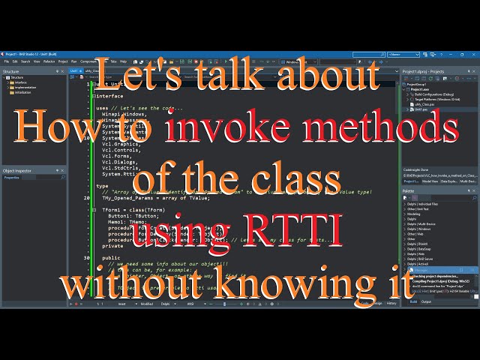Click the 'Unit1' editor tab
pyautogui.click(x=74, y=70)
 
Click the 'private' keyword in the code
pyautogui.click(x=112, y=245)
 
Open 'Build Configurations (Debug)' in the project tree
pyautogui.click(x=434, y=93)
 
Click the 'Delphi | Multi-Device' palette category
pyautogui.click(x=424, y=223)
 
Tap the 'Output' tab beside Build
pyautogui.click(x=426, y=301)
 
